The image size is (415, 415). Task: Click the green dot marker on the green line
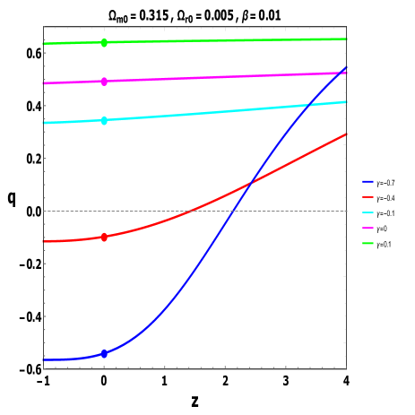click(104, 42)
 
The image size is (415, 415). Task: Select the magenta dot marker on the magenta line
click(104, 82)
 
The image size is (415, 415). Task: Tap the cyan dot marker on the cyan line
click(104, 120)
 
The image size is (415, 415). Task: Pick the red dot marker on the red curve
click(104, 238)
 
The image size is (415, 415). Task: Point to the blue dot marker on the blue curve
click(104, 354)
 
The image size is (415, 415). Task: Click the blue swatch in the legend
click(368, 181)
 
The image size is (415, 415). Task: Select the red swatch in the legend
click(368, 197)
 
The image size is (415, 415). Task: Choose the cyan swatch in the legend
click(368, 212)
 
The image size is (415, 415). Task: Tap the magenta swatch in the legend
click(368, 228)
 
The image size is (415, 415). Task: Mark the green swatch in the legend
click(368, 243)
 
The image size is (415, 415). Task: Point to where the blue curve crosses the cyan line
click(308, 107)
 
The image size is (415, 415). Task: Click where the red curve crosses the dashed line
click(191, 212)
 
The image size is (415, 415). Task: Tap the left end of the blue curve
click(43, 359)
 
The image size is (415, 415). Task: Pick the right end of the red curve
click(346, 134)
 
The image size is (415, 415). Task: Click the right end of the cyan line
click(346, 101)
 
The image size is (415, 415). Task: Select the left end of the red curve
click(43, 241)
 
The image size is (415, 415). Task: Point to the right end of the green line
click(346, 39)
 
